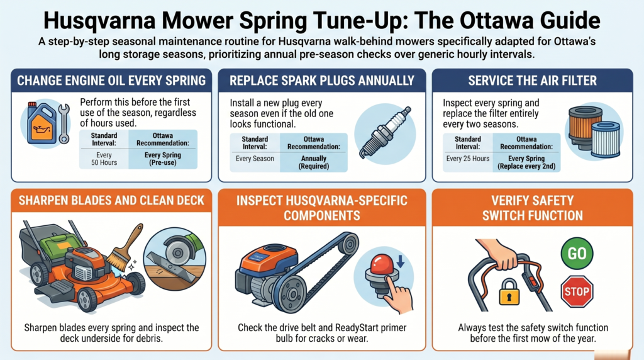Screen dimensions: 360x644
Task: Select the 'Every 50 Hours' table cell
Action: coord(103,159)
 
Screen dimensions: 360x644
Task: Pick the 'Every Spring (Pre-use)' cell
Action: coord(162,159)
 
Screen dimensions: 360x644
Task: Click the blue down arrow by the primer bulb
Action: coord(401,256)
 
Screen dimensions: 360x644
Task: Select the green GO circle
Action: coord(577,254)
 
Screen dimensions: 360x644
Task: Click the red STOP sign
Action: coord(577,291)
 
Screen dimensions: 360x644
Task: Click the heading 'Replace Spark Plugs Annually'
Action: coord(322,81)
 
